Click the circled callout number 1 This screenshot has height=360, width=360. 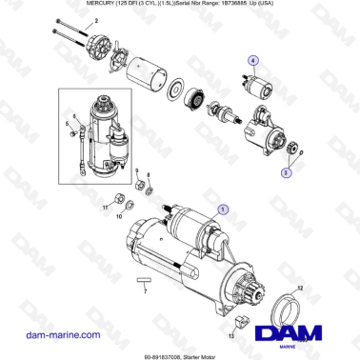pyautogui.click(x=223, y=207)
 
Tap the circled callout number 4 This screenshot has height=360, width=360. pyautogui.click(x=254, y=61)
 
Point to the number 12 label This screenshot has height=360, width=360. pyautogui.click(x=298, y=287)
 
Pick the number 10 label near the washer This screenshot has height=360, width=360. pyautogui.click(x=119, y=217)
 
